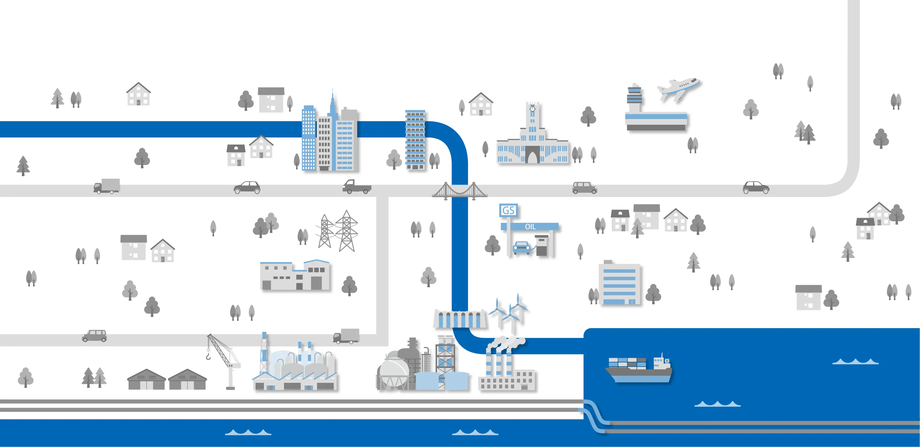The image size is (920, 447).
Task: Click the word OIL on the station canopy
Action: click(530, 227)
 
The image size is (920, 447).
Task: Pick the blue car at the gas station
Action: click(522, 248)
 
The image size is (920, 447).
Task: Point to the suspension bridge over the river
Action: click(460, 191)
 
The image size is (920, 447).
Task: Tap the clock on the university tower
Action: click(532, 108)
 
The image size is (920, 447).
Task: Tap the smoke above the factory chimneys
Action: click(505, 343)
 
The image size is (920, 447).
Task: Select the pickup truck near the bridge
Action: click(356, 187)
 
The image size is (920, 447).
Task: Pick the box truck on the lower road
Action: click(346, 336)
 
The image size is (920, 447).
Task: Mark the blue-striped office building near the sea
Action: click(620, 284)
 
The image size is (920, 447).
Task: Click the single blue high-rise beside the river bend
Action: click(415, 139)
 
